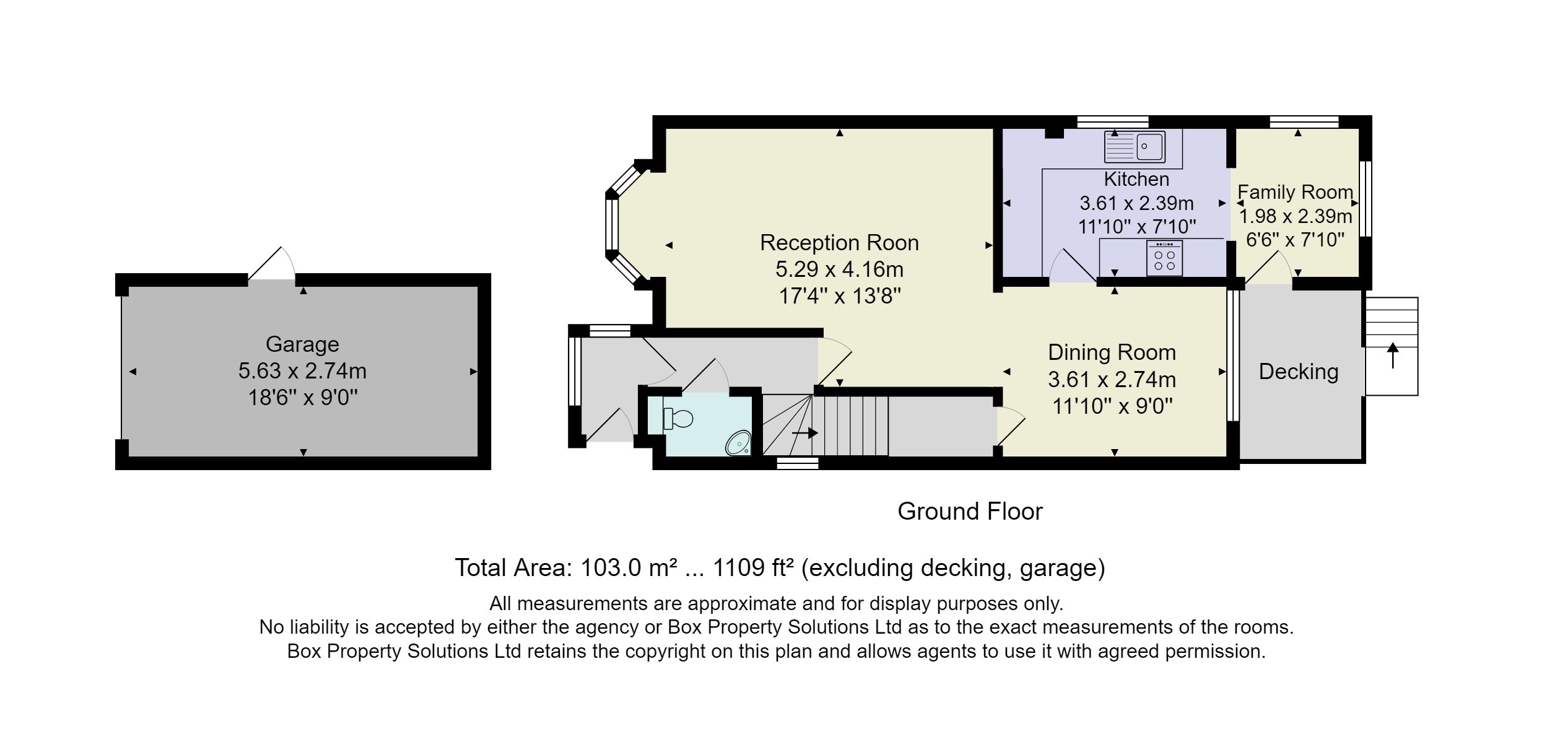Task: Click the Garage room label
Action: click(x=302, y=344)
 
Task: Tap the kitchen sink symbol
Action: click(x=1135, y=146)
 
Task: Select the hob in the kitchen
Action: click(x=1164, y=258)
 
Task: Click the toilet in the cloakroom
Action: click(x=678, y=419)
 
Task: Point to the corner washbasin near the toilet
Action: click(x=739, y=443)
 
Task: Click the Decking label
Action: click(x=1299, y=372)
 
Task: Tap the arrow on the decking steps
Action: click(x=1393, y=356)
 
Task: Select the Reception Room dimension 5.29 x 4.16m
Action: click(x=839, y=269)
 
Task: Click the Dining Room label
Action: click(x=1112, y=352)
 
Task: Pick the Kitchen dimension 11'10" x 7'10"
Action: click(x=1137, y=227)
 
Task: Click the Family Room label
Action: click(x=1295, y=192)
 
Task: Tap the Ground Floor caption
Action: click(x=970, y=512)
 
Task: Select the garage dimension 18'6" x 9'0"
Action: click(x=303, y=398)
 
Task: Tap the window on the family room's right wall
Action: click(x=1364, y=199)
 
